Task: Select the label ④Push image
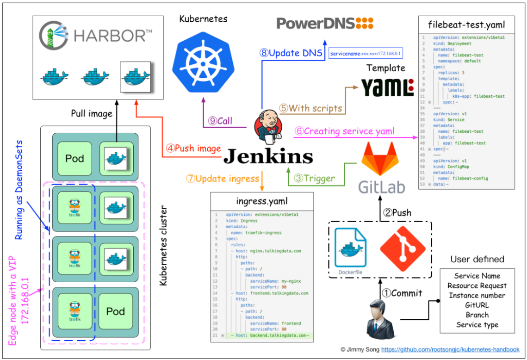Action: pyautogui.click(x=193, y=149)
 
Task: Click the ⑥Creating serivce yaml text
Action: pyautogui.click(x=345, y=131)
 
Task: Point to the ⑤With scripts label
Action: pyautogui.click(x=310, y=108)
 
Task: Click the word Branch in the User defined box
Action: pyautogui.click(x=477, y=315)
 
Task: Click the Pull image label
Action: pyautogui.click(x=91, y=113)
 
